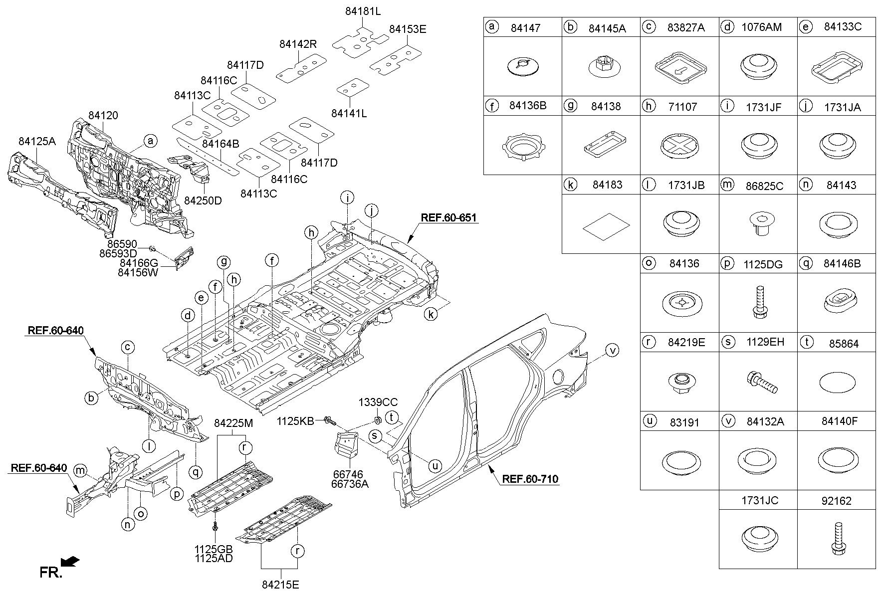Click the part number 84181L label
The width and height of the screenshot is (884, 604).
tap(363, 10)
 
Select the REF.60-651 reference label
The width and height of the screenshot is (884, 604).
tap(448, 218)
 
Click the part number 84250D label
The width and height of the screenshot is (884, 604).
tap(203, 201)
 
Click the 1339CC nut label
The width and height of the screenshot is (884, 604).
tap(378, 402)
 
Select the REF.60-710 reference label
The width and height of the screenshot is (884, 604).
tap(530, 479)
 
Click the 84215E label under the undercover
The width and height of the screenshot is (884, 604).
tap(280, 585)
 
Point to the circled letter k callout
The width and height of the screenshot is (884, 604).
tap(431, 314)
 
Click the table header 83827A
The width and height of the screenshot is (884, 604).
tap(686, 28)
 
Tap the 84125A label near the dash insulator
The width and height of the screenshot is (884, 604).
tap(37, 142)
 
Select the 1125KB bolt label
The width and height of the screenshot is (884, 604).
tap(295, 421)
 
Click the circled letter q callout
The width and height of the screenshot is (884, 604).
tap(196, 471)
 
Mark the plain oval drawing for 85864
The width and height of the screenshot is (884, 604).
tap(836, 383)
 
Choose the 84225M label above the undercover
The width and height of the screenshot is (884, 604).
tap(233, 423)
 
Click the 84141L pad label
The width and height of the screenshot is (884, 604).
tap(349, 114)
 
